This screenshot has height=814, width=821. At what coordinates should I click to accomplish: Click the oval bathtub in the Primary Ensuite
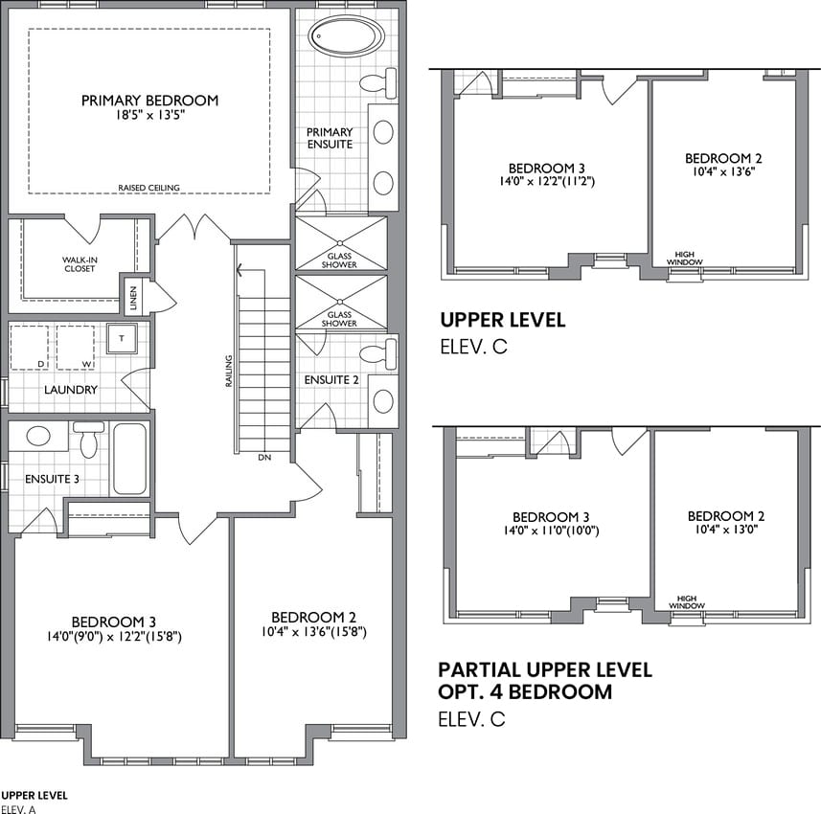(x=346, y=36)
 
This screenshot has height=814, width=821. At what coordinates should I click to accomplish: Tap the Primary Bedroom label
(x=149, y=101)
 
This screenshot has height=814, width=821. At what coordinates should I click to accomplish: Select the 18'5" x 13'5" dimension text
(x=150, y=115)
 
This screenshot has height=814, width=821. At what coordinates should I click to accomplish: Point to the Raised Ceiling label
(x=148, y=188)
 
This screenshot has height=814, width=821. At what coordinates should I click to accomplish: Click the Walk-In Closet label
(x=80, y=264)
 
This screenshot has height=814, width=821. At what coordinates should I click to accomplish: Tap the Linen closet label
(x=133, y=298)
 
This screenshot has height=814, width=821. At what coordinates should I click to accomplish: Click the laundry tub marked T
(x=122, y=338)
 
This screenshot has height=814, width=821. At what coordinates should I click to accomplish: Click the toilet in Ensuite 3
(x=88, y=440)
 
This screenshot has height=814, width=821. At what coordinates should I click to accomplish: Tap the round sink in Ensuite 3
(x=38, y=436)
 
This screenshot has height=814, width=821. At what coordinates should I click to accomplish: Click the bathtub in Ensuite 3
(x=130, y=459)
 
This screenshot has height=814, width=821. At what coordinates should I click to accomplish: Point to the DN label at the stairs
(x=264, y=458)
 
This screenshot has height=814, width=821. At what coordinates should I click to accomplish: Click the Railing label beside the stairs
(x=229, y=372)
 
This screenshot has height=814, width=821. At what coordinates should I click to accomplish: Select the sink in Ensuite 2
(x=383, y=401)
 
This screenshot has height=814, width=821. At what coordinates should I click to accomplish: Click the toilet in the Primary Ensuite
(x=378, y=81)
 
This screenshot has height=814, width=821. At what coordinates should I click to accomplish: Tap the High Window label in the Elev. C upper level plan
(x=685, y=258)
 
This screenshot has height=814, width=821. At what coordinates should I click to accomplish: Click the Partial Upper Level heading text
(x=545, y=670)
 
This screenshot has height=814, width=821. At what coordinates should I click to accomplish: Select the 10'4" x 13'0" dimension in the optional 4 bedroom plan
(x=727, y=530)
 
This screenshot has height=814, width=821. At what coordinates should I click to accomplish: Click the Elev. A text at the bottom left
(x=19, y=809)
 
